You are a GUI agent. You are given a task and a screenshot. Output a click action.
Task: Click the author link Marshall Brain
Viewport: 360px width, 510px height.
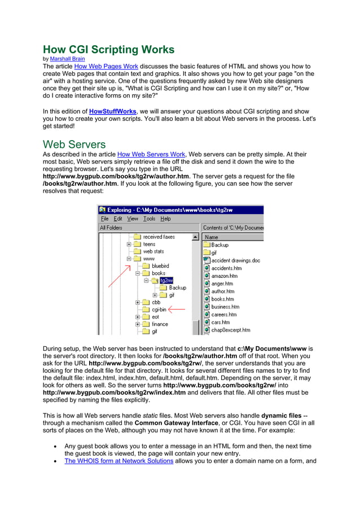point(68,59)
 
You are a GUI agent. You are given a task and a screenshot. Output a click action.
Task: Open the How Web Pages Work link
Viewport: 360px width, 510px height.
point(106,66)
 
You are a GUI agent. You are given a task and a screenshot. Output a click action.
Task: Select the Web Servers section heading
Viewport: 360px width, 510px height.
point(74,144)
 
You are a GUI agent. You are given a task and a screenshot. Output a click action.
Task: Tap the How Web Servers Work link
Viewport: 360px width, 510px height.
point(151,154)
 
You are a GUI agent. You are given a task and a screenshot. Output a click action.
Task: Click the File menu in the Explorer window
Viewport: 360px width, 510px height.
point(104,219)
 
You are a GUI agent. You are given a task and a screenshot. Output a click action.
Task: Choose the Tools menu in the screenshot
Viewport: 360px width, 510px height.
point(149,219)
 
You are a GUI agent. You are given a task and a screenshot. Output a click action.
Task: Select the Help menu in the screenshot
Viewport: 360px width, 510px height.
point(165,219)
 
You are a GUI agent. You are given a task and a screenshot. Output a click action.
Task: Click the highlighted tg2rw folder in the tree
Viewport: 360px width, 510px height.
point(166,280)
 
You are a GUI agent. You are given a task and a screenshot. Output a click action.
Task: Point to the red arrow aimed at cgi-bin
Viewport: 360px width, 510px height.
point(177,309)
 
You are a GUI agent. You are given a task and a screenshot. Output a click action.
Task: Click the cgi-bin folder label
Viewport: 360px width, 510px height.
point(159,310)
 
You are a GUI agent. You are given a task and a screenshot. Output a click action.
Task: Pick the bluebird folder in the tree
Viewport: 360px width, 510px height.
point(160,266)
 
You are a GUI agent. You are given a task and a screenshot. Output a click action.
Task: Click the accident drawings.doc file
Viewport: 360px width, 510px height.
point(235,260)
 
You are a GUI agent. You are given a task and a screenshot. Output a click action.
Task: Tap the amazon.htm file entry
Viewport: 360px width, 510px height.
point(224,276)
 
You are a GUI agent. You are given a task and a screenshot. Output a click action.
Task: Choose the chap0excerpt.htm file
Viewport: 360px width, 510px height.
point(230,330)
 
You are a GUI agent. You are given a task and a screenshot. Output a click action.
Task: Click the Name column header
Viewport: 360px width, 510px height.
point(212,237)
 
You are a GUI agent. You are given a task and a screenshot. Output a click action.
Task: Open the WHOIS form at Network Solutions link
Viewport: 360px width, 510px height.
point(118,461)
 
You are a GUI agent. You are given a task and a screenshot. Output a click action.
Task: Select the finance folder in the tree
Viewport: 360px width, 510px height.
point(160,324)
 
